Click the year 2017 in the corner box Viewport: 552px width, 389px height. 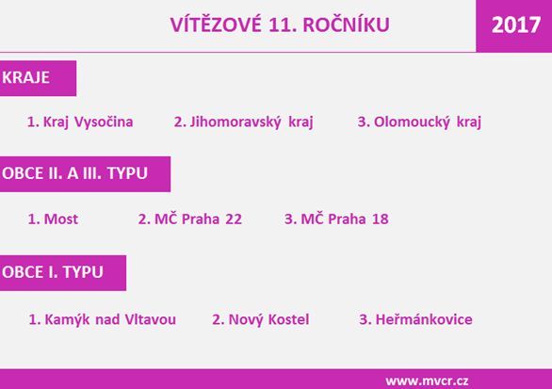tap(516, 25)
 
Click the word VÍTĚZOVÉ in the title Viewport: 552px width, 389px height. tap(216, 24)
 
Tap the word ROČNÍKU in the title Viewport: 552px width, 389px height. tap(346, 25)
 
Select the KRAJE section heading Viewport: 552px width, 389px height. tap(25, 77)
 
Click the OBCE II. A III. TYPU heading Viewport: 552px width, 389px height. tap(74, 173)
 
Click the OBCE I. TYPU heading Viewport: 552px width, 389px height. tap(53, 272)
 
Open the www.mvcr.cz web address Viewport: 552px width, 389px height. tap(427, 381)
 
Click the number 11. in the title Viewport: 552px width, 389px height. tap(282, 25)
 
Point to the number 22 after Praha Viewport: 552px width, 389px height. tap(234, 219)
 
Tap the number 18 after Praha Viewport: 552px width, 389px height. tap(381, 219)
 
